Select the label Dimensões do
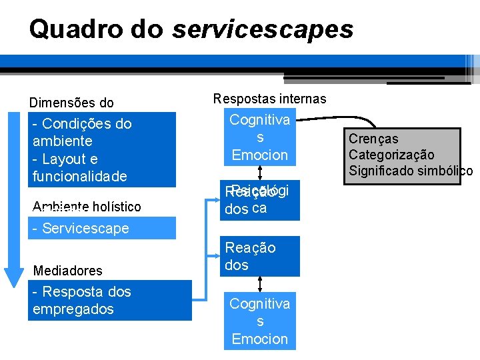[x=71, y=103]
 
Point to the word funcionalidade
[x=79, y=177]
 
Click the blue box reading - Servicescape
[x=102, y=228]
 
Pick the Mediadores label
[x=67, y=271]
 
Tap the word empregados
[x=73, y=309]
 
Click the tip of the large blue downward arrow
[x=14, y=283]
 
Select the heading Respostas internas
[x=269, y=99]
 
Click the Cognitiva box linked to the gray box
[x=260, y=137]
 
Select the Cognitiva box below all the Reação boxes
[x=260, y=321]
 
